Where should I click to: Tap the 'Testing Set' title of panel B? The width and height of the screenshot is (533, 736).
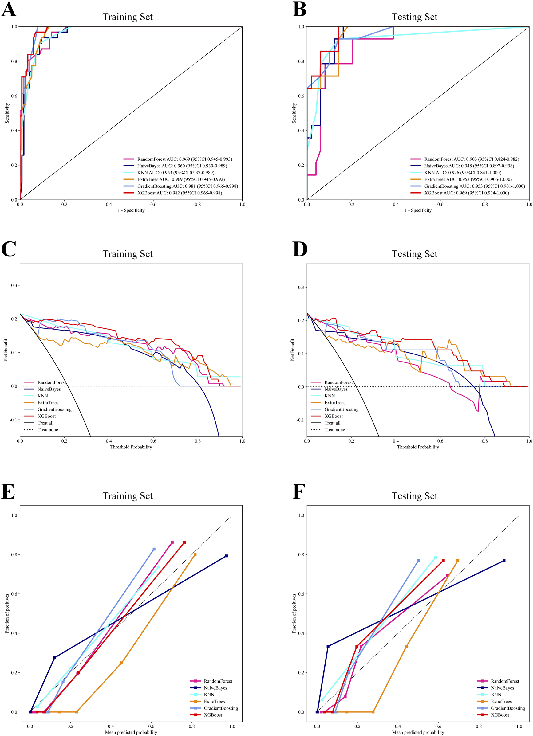click(414, 17)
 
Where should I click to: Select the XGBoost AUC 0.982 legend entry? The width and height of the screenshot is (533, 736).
click(179, 193)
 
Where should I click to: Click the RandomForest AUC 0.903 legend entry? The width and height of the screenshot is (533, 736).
click(471, 159)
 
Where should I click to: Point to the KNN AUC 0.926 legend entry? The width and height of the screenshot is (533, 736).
click(463, 173)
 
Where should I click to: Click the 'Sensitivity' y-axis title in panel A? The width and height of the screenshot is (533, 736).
click(7, 113)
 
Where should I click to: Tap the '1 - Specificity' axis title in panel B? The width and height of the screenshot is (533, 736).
click(418, 210)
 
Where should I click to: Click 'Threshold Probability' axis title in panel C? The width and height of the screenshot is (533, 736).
click(131, 447)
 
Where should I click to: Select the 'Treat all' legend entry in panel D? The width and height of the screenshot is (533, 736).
click(332, 423)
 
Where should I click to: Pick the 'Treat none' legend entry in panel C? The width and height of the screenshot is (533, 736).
click(47, 430)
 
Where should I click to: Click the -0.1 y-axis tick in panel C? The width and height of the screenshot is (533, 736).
click(13, 420)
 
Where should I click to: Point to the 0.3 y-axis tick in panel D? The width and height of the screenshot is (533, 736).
click(301, 287)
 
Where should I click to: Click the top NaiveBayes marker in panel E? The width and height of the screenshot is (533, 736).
click(227, 556)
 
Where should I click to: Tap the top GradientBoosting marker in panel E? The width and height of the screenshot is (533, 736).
click(154, 549)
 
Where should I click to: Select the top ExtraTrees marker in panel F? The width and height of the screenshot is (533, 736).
click(458, 560)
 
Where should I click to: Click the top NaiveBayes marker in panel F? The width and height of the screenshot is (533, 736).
click(504, 560)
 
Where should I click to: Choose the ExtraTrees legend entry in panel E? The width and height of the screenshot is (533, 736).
click(214, 701)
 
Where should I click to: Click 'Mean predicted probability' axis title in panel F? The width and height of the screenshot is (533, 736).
click(418, 732)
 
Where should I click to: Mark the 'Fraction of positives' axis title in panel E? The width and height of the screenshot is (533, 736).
click(7, 613)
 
